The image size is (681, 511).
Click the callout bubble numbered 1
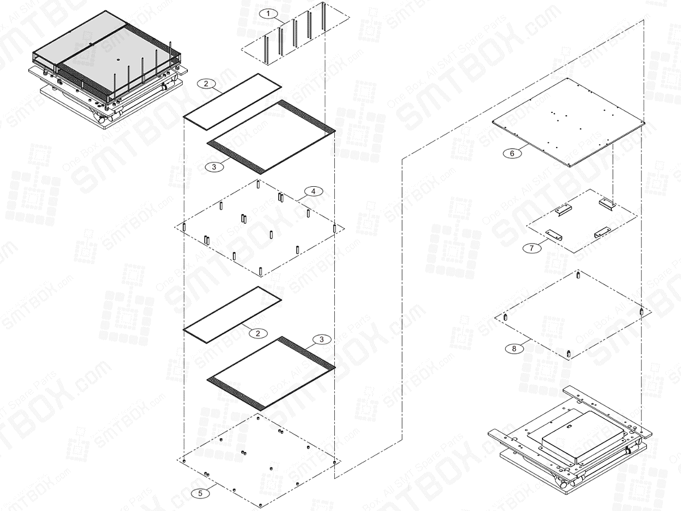point(268,12)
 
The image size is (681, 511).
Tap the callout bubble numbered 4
point(313,191)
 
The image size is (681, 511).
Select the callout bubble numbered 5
point(199,493)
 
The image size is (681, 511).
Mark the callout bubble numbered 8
point(514,349)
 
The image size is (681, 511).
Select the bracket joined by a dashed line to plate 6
point(606,202)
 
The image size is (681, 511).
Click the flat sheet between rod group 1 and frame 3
point(233,100)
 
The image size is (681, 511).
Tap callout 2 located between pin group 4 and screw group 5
point(258,333)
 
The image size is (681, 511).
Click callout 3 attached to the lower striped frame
point(322,340)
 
